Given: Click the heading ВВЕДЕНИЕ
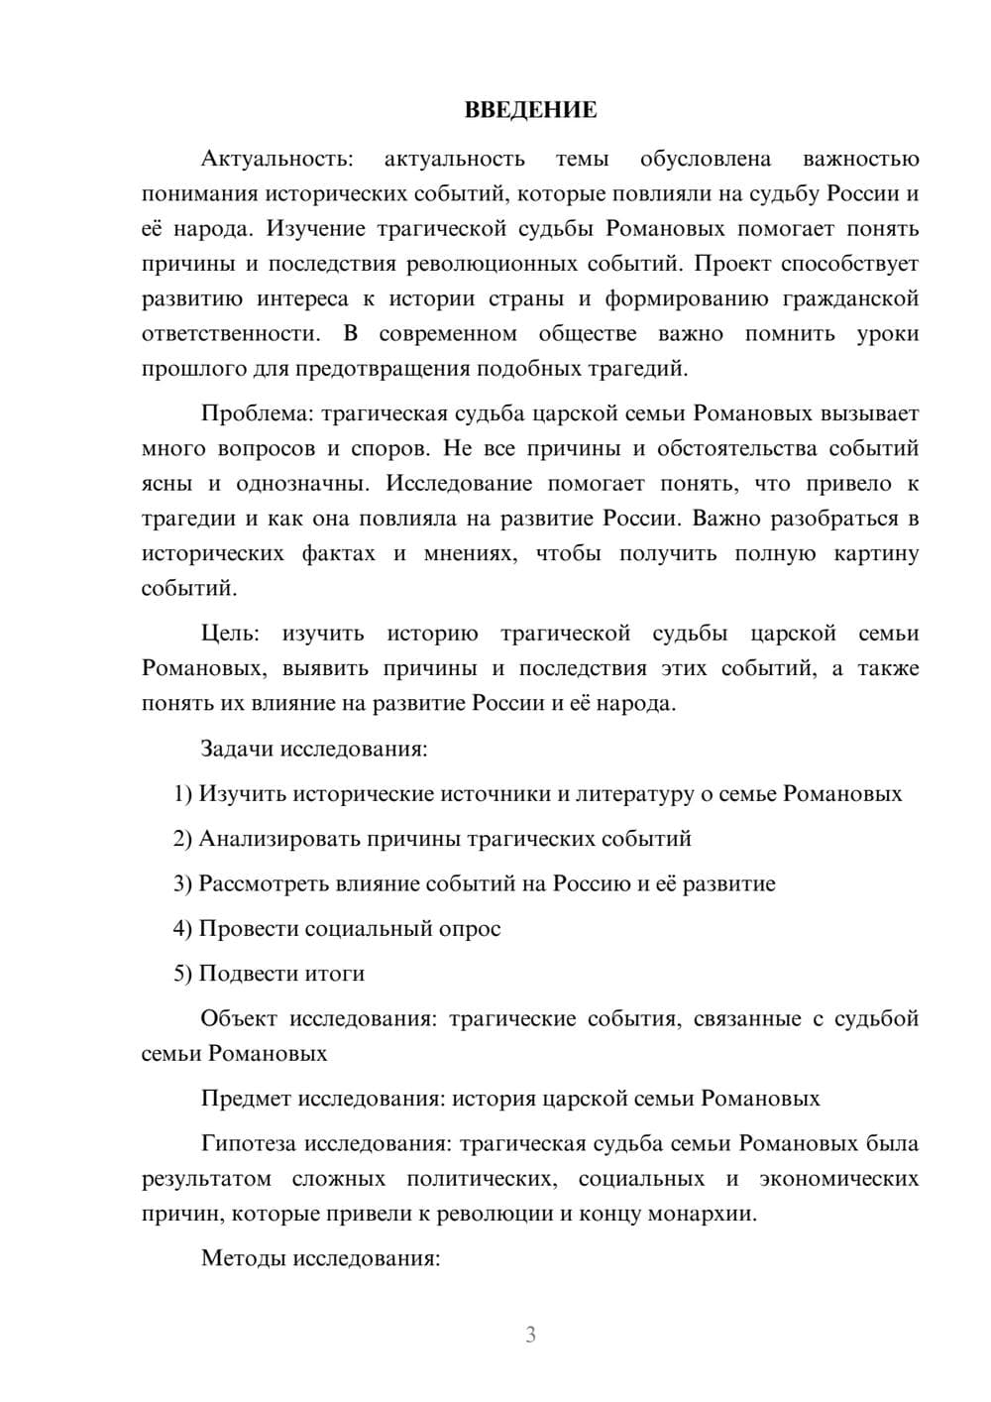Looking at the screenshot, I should coord(530,110).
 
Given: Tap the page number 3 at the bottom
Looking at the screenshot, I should coord(530,1335).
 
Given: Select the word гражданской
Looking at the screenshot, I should coord(850,298).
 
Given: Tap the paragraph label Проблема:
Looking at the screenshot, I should coord(252,413).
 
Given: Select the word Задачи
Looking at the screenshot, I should coord(237,749).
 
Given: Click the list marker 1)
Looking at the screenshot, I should coord(182,793).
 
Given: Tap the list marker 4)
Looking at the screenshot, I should coord(182,929).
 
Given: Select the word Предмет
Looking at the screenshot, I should coord(246,1099).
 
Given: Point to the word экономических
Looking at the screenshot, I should coord(838,1179).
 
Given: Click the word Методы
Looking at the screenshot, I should coord(238,1258).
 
